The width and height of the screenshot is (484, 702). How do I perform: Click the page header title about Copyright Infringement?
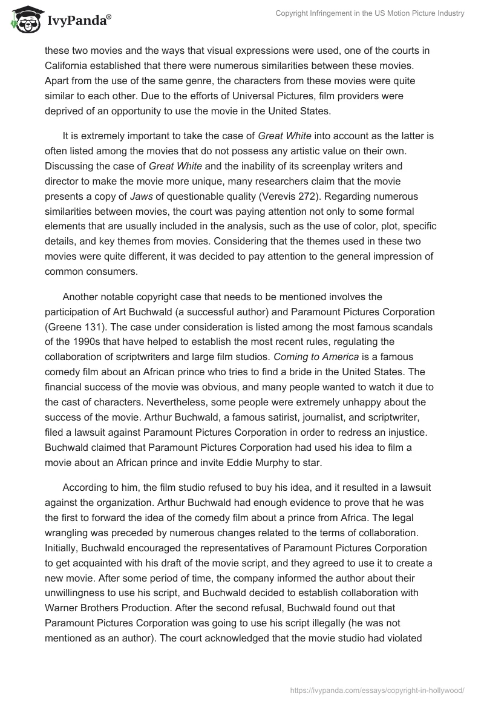click(x=370, y=13)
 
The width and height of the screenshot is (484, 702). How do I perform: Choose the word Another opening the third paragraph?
click(x=82, y=297)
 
